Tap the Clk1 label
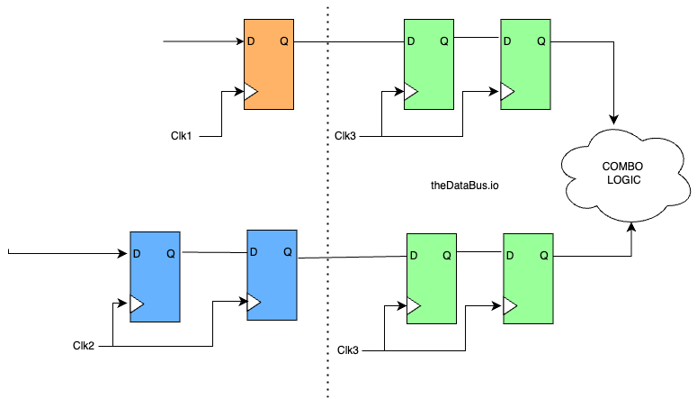[x=183, y=136]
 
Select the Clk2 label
[x=85, y=345]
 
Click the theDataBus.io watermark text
[x=465, y=186]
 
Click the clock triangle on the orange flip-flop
[x=251, y=92]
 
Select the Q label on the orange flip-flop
[x=284, y=41]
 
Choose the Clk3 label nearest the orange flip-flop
[x=345, y=137]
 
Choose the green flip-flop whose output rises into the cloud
[x=528, y=277]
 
